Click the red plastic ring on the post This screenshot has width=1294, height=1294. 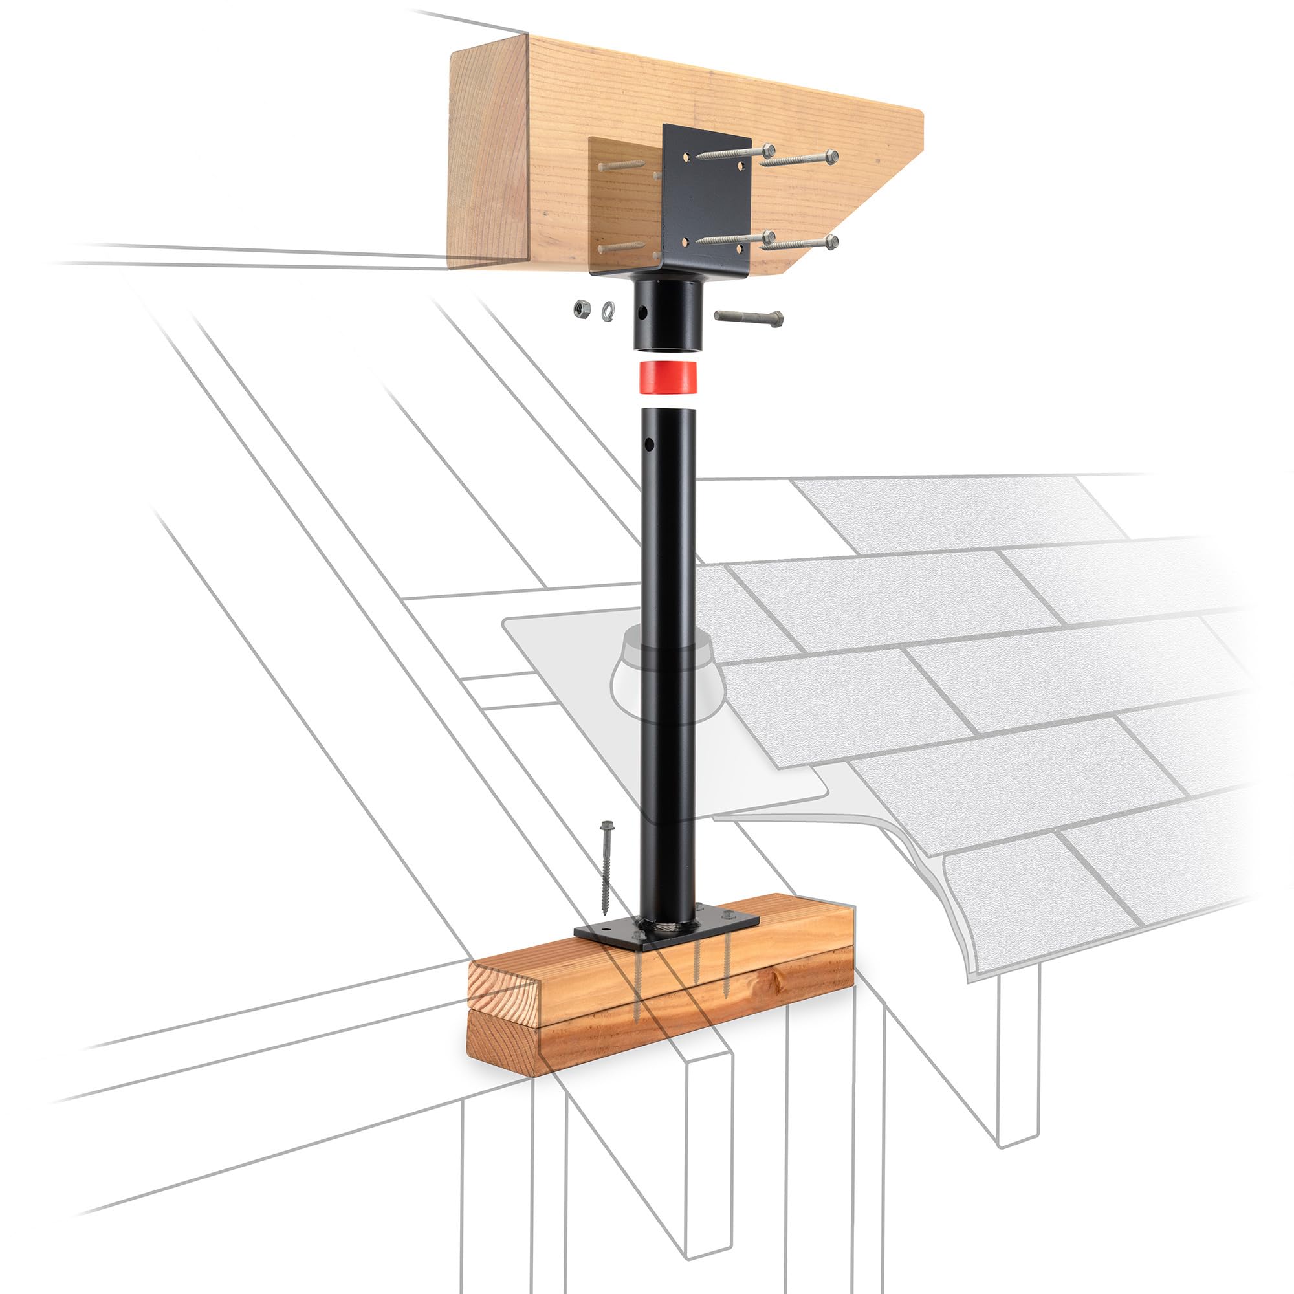[x=668, y=377]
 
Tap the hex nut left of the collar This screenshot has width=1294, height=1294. [x=582, y=308]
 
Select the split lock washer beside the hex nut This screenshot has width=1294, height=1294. [x=608, y=309]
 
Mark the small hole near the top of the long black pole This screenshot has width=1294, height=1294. [x=649, y=443]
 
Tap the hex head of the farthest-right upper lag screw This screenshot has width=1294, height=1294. [x=831, y=157]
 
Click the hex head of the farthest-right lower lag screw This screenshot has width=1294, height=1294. [x=831, y=242]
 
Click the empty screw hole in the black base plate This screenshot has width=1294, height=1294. [x=601, y=930]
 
